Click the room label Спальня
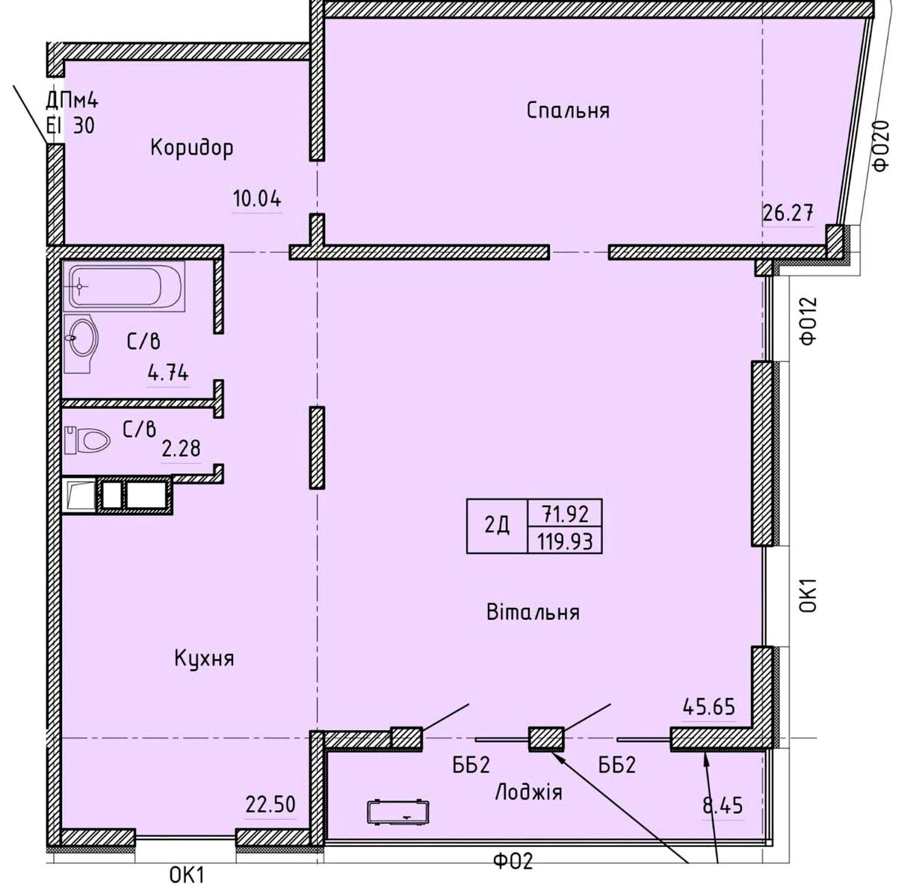point(568,111)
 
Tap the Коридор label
point(192,148)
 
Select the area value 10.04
point(257,199)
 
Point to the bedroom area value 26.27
point(787,212)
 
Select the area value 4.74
point(168,374)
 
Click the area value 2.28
point(181,448)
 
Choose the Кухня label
point(204,659)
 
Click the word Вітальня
point(533,612)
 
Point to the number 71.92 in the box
point(566,514)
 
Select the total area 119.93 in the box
point(566,541)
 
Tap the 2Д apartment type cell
point(497,525)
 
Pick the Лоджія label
point(528,791)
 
